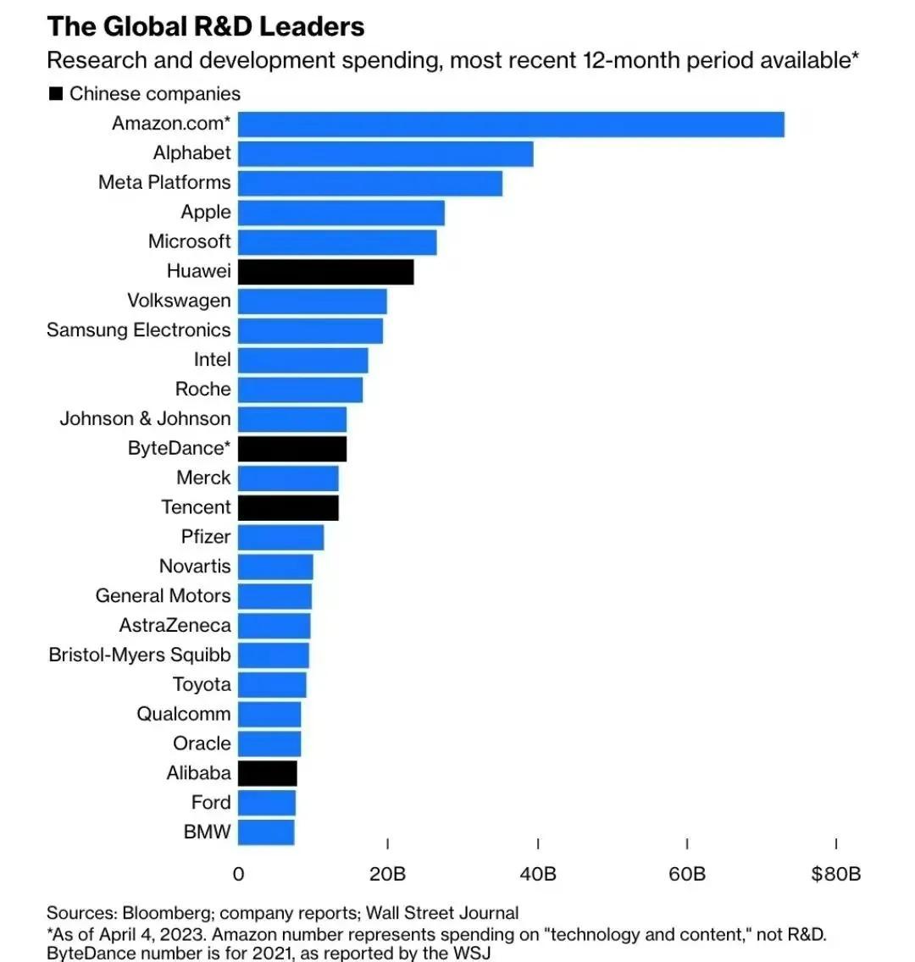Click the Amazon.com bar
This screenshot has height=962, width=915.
click(x=511, y=124)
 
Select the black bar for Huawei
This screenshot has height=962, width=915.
click(x=325, y=272)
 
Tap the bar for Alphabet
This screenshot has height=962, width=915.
click(x=385, y=153)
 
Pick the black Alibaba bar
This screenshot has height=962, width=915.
click(x=268, y=773)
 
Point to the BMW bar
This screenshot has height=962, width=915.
click(x=266, y=832)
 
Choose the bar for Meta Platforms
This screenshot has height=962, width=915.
click(x=370, y=183)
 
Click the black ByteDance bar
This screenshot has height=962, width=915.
click(x=292, y=448)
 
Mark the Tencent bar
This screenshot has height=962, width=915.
click(x=288, y=507)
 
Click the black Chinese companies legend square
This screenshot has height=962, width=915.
click(x=56, y=94)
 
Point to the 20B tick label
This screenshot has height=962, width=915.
click(x=387, y=874)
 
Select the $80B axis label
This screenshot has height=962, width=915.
click(x=835, y=874)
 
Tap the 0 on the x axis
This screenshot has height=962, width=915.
click(x=238, y=874)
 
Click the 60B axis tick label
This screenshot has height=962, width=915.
click(x=686, y=874)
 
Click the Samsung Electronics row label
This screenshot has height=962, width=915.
click(x=138, y=330)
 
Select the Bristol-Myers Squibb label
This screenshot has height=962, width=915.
click(x=139, y=655)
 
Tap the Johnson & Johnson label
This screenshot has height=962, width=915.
click(x=145, y=418)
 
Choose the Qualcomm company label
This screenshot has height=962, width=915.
click(x=183, y=714)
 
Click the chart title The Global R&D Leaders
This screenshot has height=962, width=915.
click(x=206, y=27)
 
